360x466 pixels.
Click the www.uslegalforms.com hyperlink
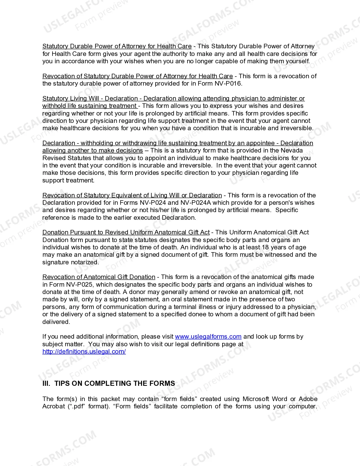click(x=208, y=337)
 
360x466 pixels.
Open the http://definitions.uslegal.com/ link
click(x=84, y=352)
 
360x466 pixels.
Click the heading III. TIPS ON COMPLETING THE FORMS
click(x=108, y=384)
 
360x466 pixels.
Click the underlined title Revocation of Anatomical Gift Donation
click(x=99, y=277)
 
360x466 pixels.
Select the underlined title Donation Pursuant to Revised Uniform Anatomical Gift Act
click(x=126, y=232)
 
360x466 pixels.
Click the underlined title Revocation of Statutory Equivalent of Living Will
click(x=132, y=195)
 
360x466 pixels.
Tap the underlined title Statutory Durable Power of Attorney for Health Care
click(x=117, y=46)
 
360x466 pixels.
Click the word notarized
click(x=85, y=262)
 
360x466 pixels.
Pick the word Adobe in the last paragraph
click(x=308, y=399)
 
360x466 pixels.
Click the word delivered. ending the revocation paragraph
click(x=56, y=322)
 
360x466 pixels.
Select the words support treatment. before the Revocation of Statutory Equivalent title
click(x=68, y=180)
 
